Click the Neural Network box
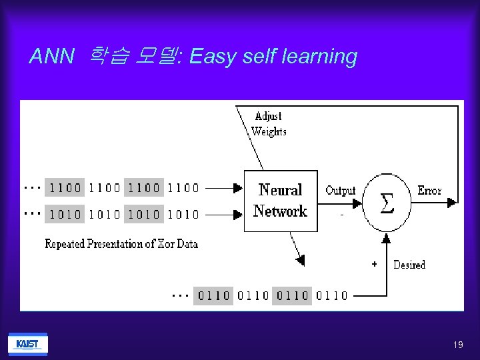pyautogui.click(x=280, y=201)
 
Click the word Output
pyautogui.click(x=341, y=191)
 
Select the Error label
pyautogui.click(x=429, y=191)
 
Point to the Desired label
pyautogui.click(x=409, y=265)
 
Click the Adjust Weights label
pyautogui.click(x=269, y=123)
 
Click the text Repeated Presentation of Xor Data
pyautogui.click(x=121, y=244)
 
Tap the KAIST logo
pyautogui.click(x=27, y=344)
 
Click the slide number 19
pyautogui.click(x=457, y=345)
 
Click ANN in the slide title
pyautogui.click(x=51, y=57)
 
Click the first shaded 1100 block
pyautogui.click(x=65, y=187)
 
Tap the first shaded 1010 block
pyautogui.click(x=65, y=214)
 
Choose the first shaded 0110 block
pyautogui.click(x=214, y=295)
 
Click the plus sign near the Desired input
pyautogui.click(x=374, y=264)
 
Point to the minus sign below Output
pyautogui.click(x=342, y=215)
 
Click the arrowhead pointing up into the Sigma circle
pyautogui.click(x=386, y=237)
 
